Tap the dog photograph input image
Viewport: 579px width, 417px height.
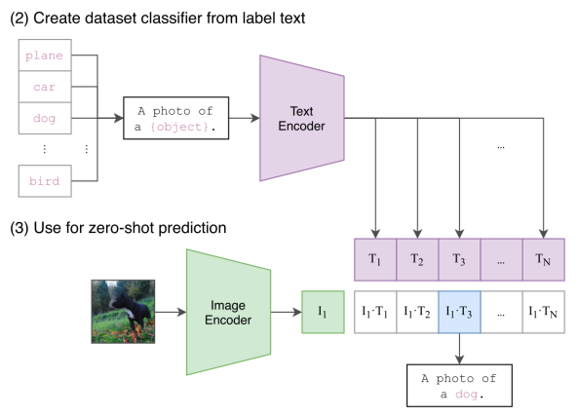click(x=123, y=311)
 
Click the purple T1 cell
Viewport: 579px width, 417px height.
click(x=374, y=260)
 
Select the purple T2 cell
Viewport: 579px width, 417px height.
click(x=416, y=260)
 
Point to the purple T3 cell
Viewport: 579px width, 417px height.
click(x=459, y=260)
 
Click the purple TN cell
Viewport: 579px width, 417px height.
click(x=543, y=260)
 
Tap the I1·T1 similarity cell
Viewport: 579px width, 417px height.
click(x=374, y=312)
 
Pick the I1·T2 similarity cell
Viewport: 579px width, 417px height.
click(x=416, y=312)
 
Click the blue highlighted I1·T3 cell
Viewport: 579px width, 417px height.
click(x=459, y=312)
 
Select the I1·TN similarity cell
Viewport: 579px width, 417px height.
click(x=543, y=312)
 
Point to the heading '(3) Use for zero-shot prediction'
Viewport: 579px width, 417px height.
click(x=117, y=228)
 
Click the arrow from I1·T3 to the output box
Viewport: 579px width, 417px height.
click(x=459, y=346)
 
